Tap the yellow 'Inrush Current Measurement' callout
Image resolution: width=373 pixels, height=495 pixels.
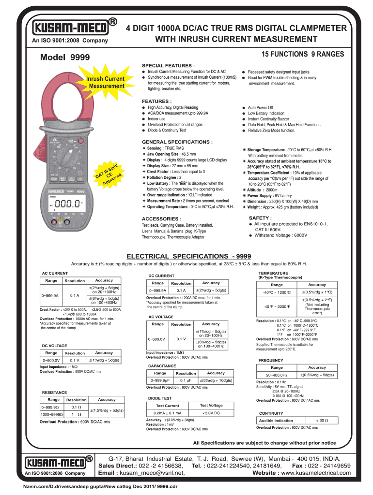[x=105, y=82]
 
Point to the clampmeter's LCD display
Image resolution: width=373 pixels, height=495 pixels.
[x=66, y=205]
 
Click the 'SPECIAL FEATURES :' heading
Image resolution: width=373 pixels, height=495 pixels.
[x=168, y=65]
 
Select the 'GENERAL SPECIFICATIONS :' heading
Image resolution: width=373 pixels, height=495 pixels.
[x=177, y=142]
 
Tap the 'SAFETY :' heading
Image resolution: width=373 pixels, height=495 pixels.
[x=260, y=218]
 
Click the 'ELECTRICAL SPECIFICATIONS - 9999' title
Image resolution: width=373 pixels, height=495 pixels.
[x=188, y=256]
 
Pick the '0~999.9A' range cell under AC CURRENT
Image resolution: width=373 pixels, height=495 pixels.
[x=50, y=295]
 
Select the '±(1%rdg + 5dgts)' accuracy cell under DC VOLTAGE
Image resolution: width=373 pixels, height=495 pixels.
[x=104, y=360]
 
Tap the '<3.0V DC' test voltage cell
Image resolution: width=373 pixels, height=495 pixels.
[x=212, y=413]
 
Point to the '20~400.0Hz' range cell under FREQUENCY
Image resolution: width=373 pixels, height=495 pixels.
[x=277, y=375]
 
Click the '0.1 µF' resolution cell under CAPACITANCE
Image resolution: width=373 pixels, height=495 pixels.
[x=186, y=380]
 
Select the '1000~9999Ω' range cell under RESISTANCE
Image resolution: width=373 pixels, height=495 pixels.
[x=52, y=414]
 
